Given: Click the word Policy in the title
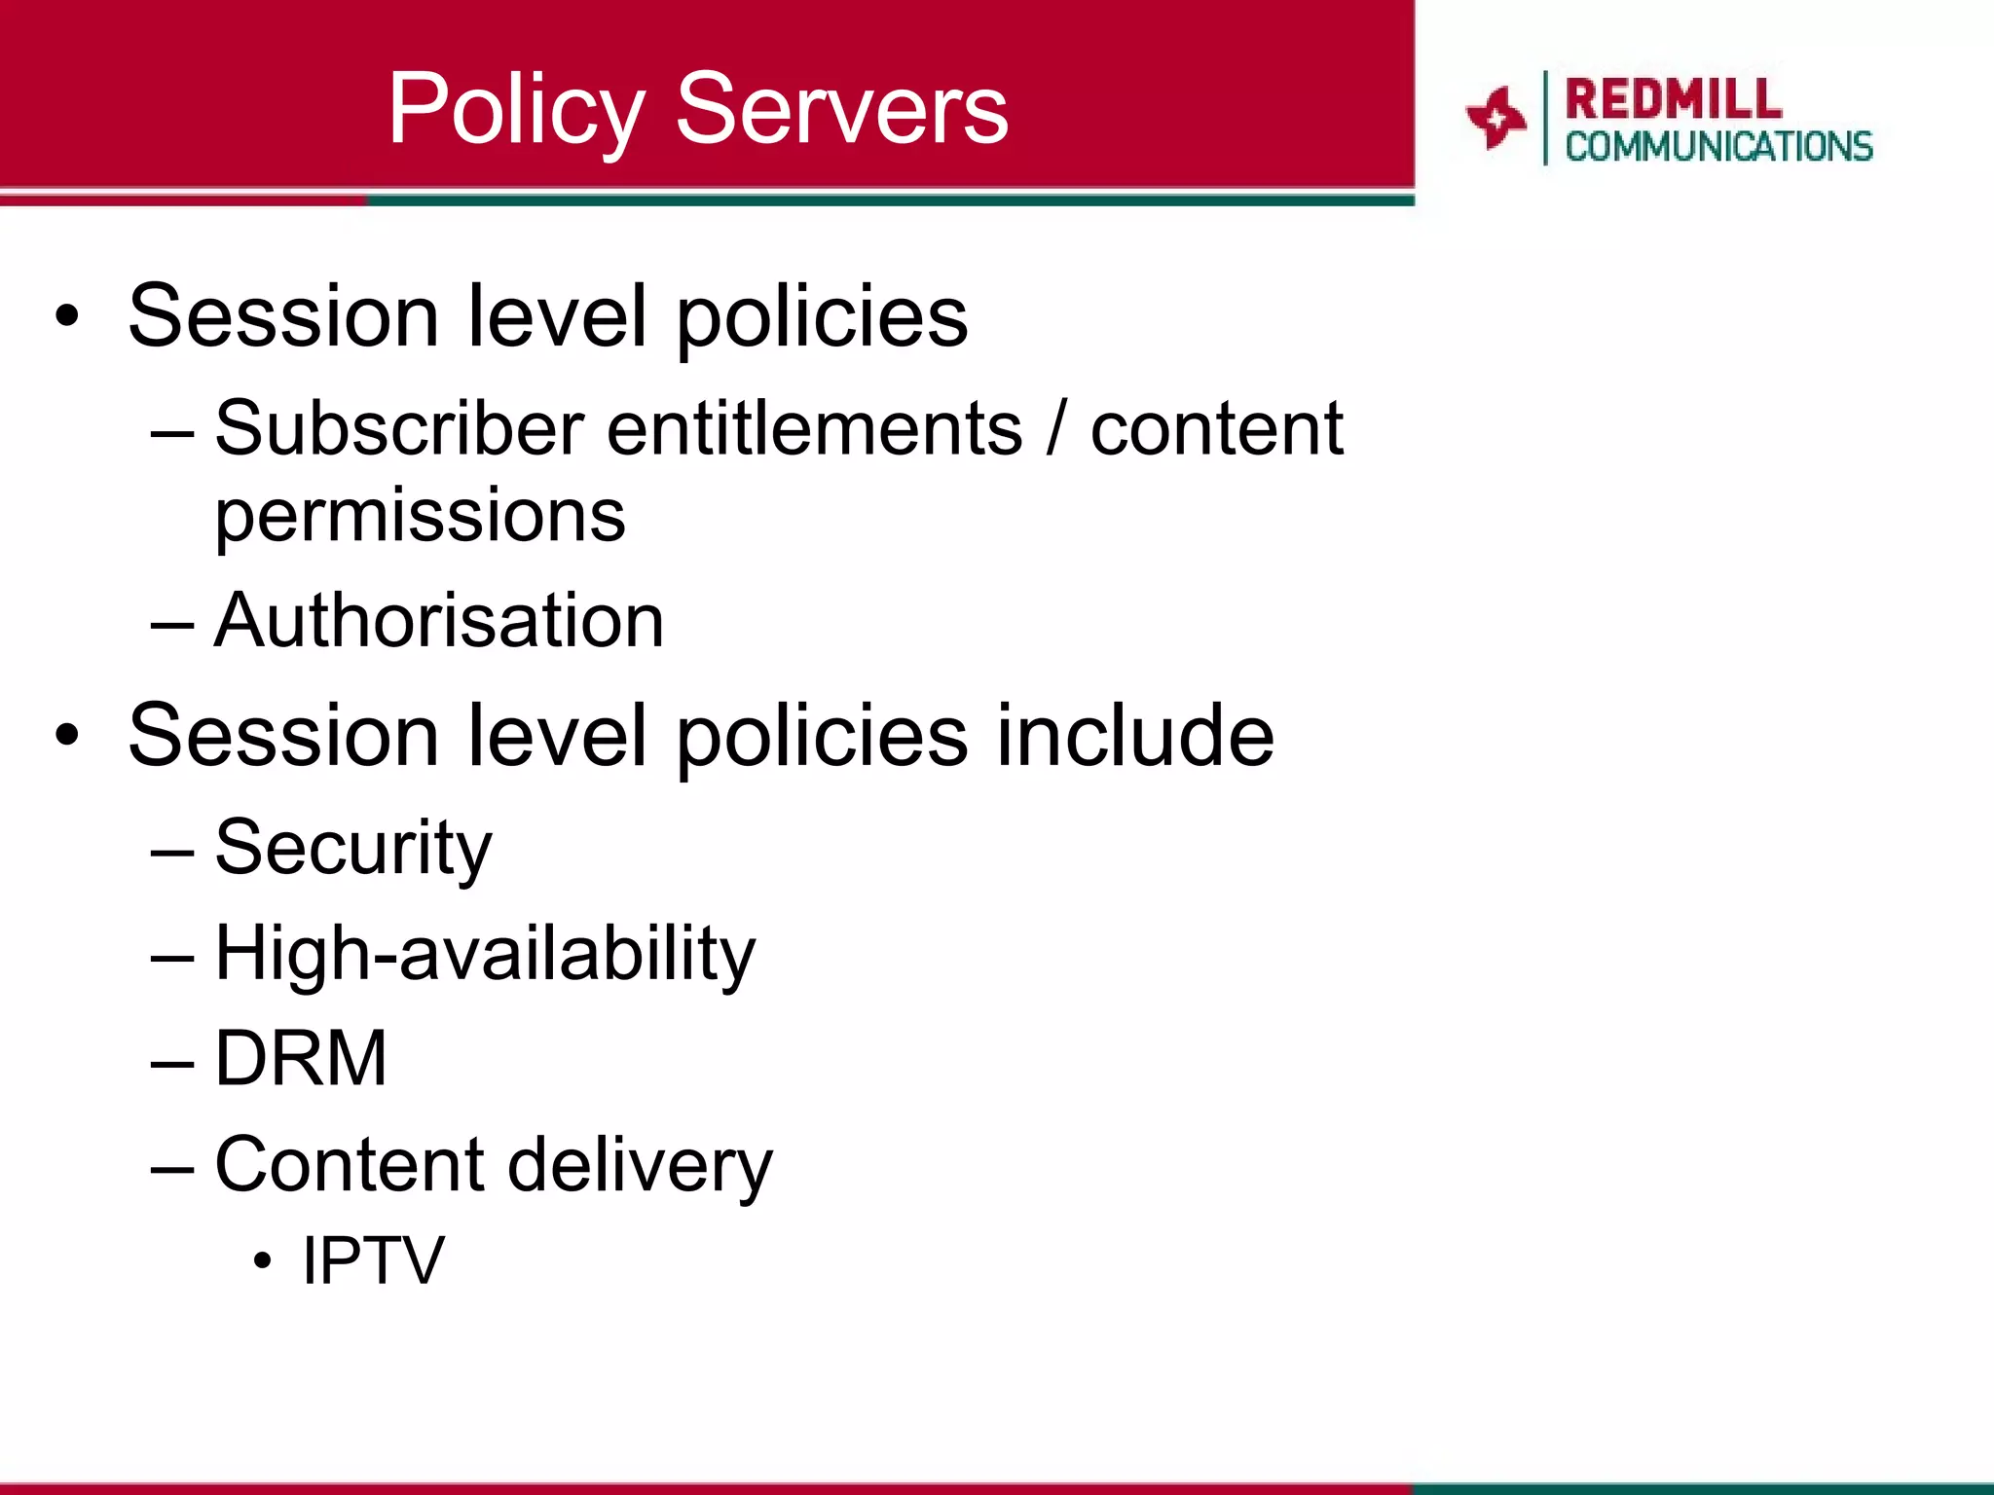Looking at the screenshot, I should point(516,111).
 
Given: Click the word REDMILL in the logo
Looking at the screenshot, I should point(1674,99).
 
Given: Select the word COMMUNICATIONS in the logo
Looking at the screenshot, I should point(1718,147).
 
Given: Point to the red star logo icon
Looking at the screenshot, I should point(1495,119).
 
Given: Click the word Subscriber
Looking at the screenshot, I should point(399,428).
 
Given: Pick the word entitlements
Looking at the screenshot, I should point(815,428).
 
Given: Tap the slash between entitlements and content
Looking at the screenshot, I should point(1056,429).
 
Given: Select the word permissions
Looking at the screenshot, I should point(420,516).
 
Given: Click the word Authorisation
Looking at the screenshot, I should point(439,620).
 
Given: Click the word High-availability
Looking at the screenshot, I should point(485,954).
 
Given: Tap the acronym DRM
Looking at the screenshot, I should point(301,1058).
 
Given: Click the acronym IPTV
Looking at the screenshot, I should point(373,1260).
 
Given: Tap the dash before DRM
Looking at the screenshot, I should point(173,1063).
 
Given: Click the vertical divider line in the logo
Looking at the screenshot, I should point(1545,118).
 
